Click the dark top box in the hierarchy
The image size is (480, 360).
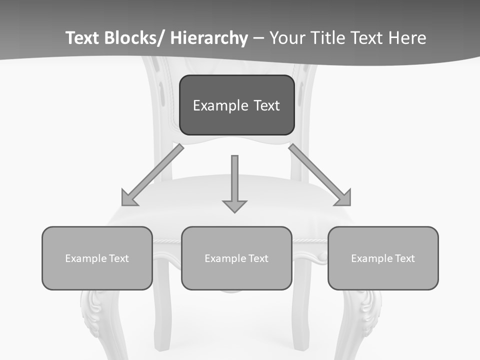tap(236, 105)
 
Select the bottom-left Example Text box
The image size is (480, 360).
tap(97, 258)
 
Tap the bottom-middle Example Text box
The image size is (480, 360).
tap(236, 258)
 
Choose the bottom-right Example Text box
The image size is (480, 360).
tap(383, 258)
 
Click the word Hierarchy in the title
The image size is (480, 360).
tap(209, 38)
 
